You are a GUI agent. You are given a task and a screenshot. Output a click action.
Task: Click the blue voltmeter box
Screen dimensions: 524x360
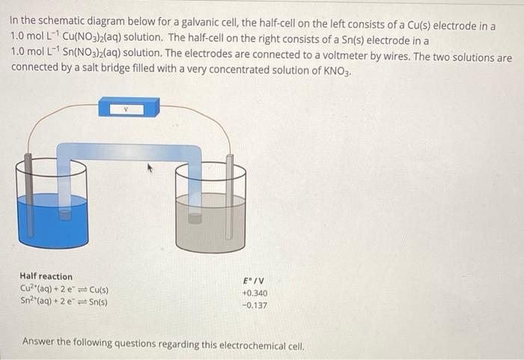[x=130, y=107]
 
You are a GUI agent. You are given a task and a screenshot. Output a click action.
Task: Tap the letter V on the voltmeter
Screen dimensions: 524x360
[x=127, y=108]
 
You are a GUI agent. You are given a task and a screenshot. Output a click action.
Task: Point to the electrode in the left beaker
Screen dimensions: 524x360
[x=28, y=195]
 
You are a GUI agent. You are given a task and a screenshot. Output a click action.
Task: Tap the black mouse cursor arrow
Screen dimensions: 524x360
[x=150, y=171]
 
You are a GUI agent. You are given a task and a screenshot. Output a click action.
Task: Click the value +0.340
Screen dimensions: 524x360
[x=255, y=293]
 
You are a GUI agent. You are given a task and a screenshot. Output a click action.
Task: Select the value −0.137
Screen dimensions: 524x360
[x=255, y=305]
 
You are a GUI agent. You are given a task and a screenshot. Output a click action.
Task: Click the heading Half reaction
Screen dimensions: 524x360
[x=46, y=277]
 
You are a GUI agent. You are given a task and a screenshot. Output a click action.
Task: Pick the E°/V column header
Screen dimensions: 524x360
[x=255, y=281]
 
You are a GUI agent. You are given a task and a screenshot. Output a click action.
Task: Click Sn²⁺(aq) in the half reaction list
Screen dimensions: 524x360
[x=37, y=302]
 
